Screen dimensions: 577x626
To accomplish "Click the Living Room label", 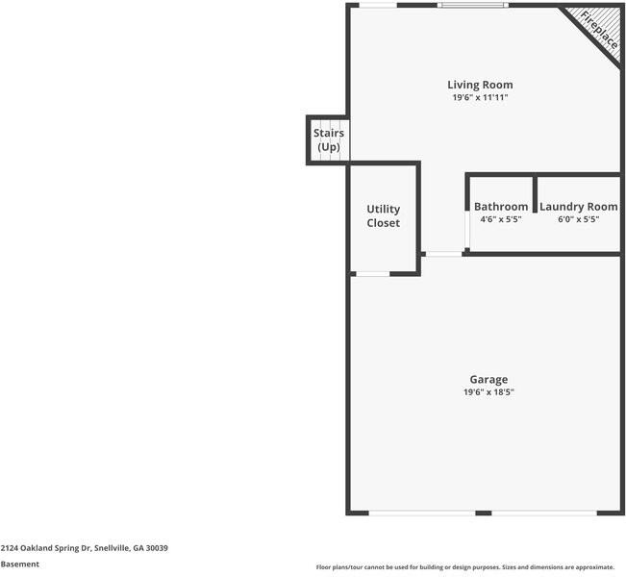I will pyautogui.click(x=480, y=85).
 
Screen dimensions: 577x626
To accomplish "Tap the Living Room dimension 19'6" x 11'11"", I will pyautogui.click(x=480, y=98).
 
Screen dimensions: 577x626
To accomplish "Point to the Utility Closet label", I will pyautogui.click(x=383, y=216).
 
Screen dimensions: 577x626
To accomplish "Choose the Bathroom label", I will pyautogui.click(x=501, y=207).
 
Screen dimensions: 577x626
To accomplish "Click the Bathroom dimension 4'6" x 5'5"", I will pyautogui.click(x=501, y=219).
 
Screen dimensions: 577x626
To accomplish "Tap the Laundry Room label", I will pyautogui.click(x=578, y=207).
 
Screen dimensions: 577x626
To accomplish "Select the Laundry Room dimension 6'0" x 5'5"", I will pyautogui.click(x=578, y=219).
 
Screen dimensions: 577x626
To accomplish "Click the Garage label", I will pyautogui.click(x=488, y=379).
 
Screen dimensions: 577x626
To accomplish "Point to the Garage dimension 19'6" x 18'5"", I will pyautogui.click(x=488, y=392).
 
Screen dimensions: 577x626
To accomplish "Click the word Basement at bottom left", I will pyautogui.click(x=20, y=564).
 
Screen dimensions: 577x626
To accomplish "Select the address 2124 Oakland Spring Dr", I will pyautogui.click(x=45, y=547).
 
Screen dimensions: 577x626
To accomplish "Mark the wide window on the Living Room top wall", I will pyautogui.click(x=472, y=6).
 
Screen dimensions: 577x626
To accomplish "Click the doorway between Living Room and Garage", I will pyautogui.click(x=443, y=254).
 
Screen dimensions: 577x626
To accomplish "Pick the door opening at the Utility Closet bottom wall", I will pyautogui.click(x=372, y=275).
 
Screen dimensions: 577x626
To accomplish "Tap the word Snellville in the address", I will pyautogui.click(x=112, y=547).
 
